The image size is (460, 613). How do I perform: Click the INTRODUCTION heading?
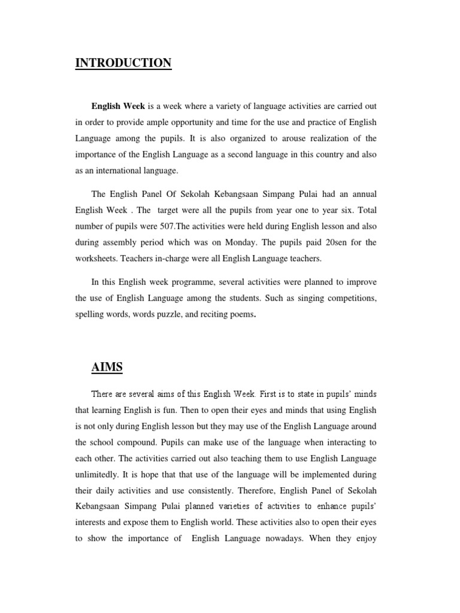tap(123, 63)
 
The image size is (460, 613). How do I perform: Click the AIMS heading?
tap(107, 366)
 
